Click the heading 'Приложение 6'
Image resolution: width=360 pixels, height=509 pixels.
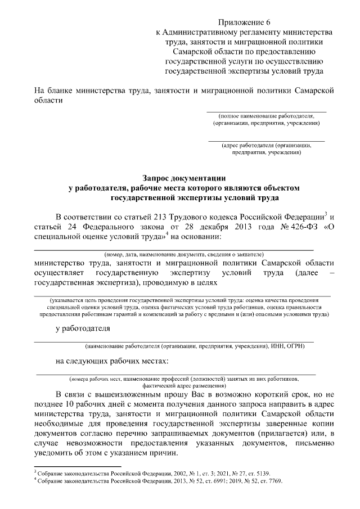[243, 22]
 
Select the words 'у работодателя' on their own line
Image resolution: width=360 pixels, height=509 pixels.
[82, 328]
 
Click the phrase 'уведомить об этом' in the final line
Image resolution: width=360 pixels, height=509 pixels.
[70, 454]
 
